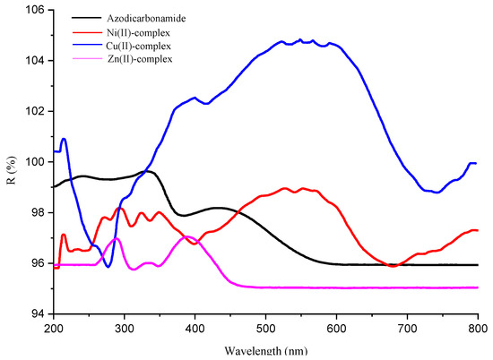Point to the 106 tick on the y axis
[31, 11]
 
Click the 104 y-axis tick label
[31, 61]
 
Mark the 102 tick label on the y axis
[31, 112]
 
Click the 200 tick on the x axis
[54, 329]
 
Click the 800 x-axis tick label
[477, 329]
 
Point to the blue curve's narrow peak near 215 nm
[64, 139]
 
